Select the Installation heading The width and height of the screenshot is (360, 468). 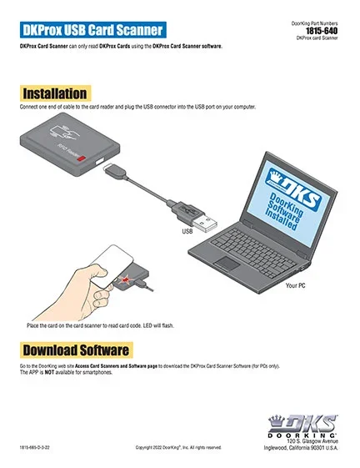click(55, 93)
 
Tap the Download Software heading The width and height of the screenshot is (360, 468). click(75, 349)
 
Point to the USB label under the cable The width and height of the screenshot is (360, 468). click(187, 231)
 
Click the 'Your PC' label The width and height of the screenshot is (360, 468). click(297, 285)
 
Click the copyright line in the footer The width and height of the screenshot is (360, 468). click(178, 448)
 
